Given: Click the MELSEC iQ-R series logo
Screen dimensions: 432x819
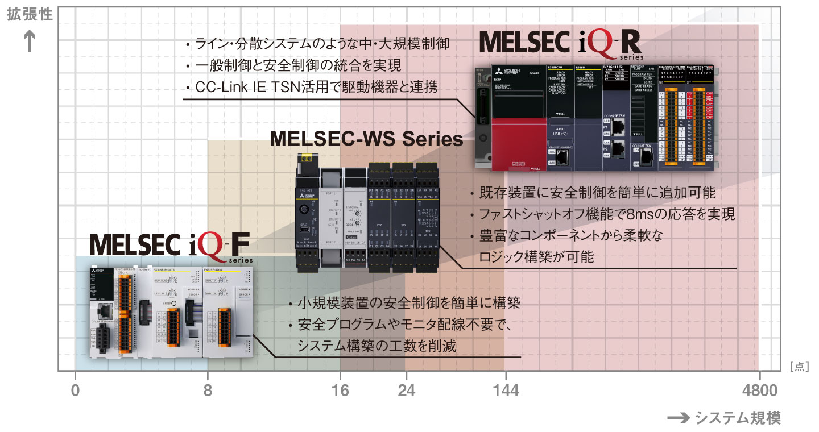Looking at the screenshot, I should click(x=561, y=44).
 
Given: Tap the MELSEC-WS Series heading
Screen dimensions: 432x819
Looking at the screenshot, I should click(x=366, y=138).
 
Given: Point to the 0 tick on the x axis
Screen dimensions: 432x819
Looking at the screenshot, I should click(x=75, y=391).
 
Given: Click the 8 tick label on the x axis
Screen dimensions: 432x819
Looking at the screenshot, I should click(x=208, y=391).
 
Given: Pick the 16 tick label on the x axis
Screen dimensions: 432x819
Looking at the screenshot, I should click(x=341, y=391).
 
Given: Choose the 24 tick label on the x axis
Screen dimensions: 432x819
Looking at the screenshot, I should click(x=406, y=391).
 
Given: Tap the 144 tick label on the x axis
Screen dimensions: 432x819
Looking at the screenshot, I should click(x=505, y=391).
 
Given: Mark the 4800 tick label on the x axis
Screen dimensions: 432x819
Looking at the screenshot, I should click(x=759, y=391).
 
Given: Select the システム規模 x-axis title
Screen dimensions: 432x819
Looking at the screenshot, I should click(x=738, y=418).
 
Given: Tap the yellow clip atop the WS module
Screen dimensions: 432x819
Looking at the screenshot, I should click(x=309, y=160).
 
